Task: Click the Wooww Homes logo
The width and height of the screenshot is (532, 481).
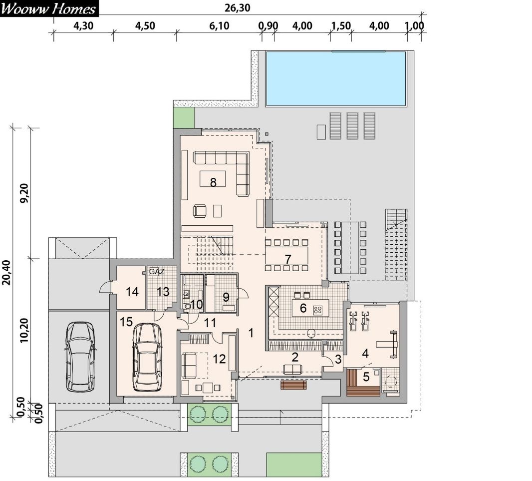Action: point(49,8)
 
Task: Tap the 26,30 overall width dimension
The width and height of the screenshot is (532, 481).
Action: point(237,8)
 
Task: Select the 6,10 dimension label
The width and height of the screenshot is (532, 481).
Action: point(219,26)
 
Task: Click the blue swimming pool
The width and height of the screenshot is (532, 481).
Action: point(335,78)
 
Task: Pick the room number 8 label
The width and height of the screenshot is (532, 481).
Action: point(213,182)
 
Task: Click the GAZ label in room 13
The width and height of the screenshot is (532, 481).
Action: point(157,272)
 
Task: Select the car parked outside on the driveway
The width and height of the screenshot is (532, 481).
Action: point(80,357)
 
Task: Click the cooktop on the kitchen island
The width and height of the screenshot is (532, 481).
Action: point(318,309)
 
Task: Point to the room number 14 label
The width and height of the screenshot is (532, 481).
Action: point(132,292)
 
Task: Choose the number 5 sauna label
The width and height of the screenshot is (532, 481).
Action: point(366,377)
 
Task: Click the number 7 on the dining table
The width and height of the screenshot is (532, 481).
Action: point(288,260)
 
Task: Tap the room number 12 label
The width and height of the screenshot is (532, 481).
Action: point(219,359)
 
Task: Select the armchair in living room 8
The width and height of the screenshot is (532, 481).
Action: point(200,211)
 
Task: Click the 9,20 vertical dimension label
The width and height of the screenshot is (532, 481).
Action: point(24,193)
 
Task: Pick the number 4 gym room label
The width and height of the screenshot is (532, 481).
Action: point(365,354)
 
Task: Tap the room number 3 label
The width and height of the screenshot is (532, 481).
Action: point(338,359)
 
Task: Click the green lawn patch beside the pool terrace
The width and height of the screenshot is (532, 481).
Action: point(184,118)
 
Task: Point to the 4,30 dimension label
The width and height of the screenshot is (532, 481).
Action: point(83,26)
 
